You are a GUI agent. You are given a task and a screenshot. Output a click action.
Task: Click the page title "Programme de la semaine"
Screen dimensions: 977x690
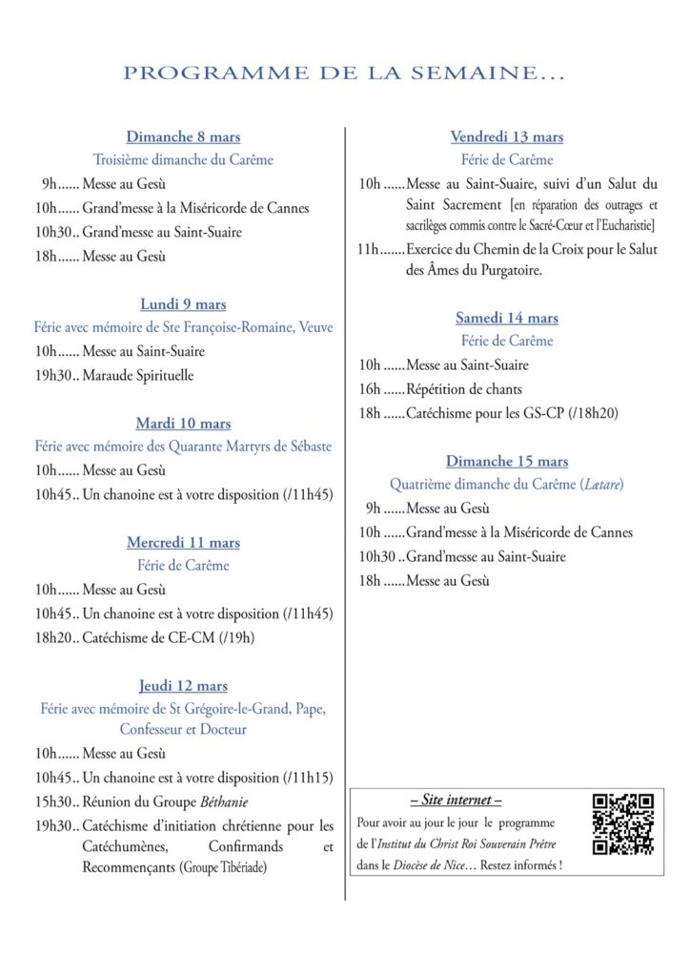[x=344, y=73]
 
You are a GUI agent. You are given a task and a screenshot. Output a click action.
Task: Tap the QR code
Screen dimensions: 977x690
[x=623, y=824]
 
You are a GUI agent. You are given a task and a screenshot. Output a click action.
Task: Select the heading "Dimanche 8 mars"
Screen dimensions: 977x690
[x=183, y=136]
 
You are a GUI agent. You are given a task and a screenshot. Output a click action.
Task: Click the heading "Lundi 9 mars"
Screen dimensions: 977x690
[x=183, y=304]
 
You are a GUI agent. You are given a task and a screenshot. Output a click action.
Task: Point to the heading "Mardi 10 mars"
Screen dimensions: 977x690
[x=183, y=424]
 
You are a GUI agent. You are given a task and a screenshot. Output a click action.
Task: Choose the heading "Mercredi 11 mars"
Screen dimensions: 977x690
[x=183, y=542]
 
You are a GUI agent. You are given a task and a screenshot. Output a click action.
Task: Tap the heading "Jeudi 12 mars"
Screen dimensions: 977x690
[x=183, y=686]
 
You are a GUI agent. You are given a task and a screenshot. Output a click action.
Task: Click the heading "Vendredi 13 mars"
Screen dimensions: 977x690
[x=506, y=136]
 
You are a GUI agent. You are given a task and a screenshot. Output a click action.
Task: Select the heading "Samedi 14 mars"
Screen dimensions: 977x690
[x=506, y=318]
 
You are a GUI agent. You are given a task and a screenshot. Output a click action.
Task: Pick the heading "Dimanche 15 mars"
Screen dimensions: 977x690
[x=506, y=461]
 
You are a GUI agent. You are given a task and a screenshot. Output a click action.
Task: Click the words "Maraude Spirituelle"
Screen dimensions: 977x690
[x=138, y=375]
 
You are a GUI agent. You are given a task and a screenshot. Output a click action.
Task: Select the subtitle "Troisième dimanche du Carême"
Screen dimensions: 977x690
[x=183, y=159]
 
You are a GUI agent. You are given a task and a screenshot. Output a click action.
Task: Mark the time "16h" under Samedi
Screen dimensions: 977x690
[x=369, y=389]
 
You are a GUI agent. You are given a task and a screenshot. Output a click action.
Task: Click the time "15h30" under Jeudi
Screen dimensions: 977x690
[x=52, y=801]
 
